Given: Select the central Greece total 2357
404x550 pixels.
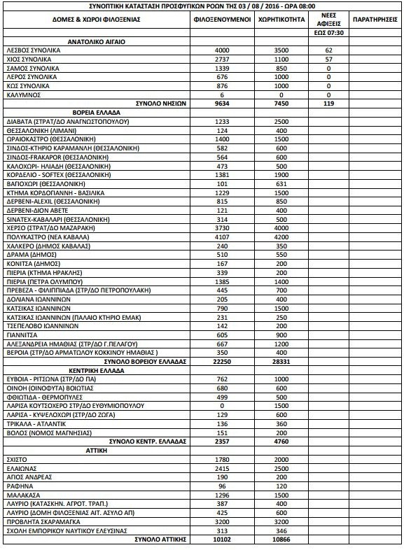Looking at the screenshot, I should point(222,442).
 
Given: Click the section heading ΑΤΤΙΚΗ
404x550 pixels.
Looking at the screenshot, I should point(97,451).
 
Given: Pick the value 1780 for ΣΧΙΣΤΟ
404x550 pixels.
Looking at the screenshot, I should point(222,459).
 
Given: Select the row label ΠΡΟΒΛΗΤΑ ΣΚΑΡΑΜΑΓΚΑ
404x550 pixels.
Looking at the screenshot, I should point(44,522).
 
